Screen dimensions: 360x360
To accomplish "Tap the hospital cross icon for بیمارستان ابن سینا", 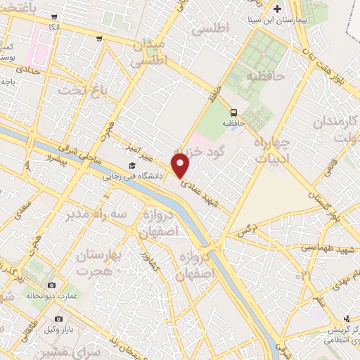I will [x=278, y=9].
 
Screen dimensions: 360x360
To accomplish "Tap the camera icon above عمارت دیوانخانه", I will [x=51, y=285].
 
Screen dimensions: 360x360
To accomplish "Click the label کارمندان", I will [x=337, y=124].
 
